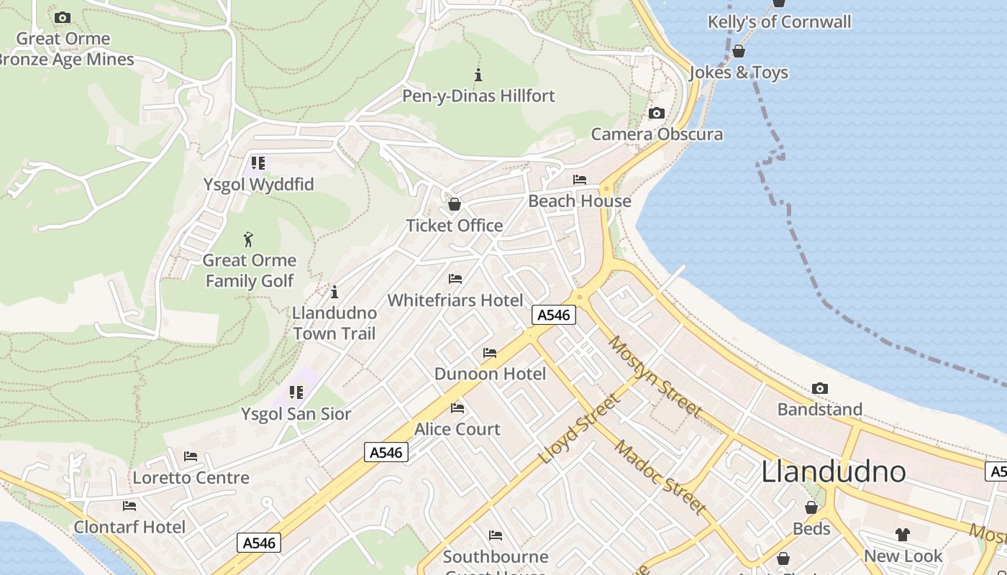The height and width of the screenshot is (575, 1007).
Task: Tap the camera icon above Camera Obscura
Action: click(x=656, y=113)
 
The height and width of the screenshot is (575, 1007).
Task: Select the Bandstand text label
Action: click(x=820, y=410)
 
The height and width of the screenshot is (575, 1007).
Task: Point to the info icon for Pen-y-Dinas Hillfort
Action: click(x=478, y=74)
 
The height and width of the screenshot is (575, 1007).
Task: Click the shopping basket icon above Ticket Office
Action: click(x=454, y=204)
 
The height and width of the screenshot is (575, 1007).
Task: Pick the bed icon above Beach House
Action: click(x=579, y=180)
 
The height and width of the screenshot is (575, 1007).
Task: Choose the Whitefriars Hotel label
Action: click(x=455, y=300)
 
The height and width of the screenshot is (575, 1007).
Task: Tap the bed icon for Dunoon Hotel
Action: click(x=490, y=353)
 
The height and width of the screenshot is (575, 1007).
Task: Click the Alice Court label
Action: click(x=457, y=429)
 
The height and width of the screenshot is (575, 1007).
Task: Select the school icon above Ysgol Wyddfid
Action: click(x=258, y=163)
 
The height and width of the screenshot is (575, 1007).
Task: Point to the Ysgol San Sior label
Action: click(x=296, y=414)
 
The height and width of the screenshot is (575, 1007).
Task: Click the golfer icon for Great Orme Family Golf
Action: click(x=248, y=239)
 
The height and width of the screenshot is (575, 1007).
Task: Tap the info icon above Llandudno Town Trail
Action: click(x=334, y=292)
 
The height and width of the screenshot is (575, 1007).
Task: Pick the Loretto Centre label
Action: click(x=191, y=478)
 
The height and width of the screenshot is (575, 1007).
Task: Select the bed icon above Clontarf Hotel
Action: click(x=129, y=506)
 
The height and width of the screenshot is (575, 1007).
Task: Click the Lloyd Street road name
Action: click(x=578, y=429)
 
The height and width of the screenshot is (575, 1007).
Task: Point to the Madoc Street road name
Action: click(x=659, y=477)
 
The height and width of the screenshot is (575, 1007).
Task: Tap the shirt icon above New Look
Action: click(x=902, y=534)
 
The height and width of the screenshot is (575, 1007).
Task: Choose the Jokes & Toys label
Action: click(x=739, y=73)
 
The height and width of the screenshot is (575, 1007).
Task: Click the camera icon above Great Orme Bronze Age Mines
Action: click(x=63, y=17)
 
